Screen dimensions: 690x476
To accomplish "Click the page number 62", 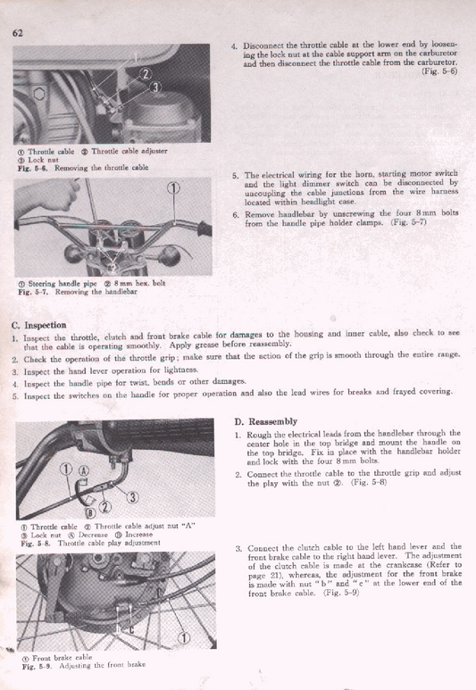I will [18, 33].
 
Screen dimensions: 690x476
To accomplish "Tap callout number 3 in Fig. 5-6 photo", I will [155, 87].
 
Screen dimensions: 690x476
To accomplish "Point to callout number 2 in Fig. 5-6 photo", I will [146, 73].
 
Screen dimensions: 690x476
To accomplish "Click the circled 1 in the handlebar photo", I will [174, 187].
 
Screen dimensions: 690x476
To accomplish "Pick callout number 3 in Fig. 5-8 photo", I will [132, 497].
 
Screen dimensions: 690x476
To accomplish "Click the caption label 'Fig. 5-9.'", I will [34, 666].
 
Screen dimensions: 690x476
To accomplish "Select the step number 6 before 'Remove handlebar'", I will [234, 215].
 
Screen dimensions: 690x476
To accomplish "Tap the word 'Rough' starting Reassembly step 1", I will [261, 435].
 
